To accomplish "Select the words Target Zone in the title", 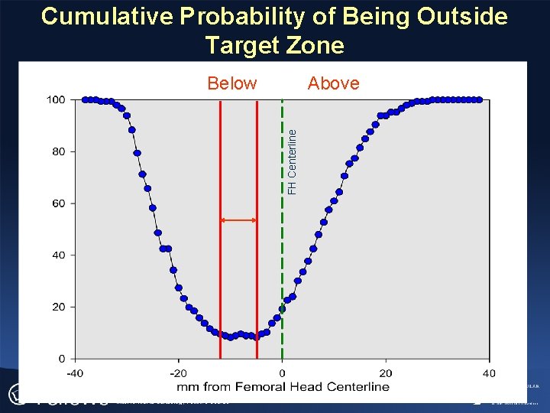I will [x=274, y=45].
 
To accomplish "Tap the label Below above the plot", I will [x=232, y=83].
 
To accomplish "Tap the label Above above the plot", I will [x=333, y=83].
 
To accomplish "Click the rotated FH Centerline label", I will [x=293, y=161].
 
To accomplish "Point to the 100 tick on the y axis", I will [x=56, y=99].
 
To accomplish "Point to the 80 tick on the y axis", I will [x=59, y=151].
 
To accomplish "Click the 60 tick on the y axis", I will [x=59, y=203].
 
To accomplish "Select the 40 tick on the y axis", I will [x=59, y=255].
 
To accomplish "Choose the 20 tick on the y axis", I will [x=59, y=307].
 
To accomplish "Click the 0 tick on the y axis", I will [x=62, y=359].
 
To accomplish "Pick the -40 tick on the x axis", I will [x=74, y=373].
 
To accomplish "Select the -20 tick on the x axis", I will [x=177, y=373].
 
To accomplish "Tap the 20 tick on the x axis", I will [x=386, y=373].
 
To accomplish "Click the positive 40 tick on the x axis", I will [x=489, y=373].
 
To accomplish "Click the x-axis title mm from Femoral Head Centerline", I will [x=282, y=386].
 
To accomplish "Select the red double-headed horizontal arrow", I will [x=238, y=220].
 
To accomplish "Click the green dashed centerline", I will [x=283, y=229].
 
